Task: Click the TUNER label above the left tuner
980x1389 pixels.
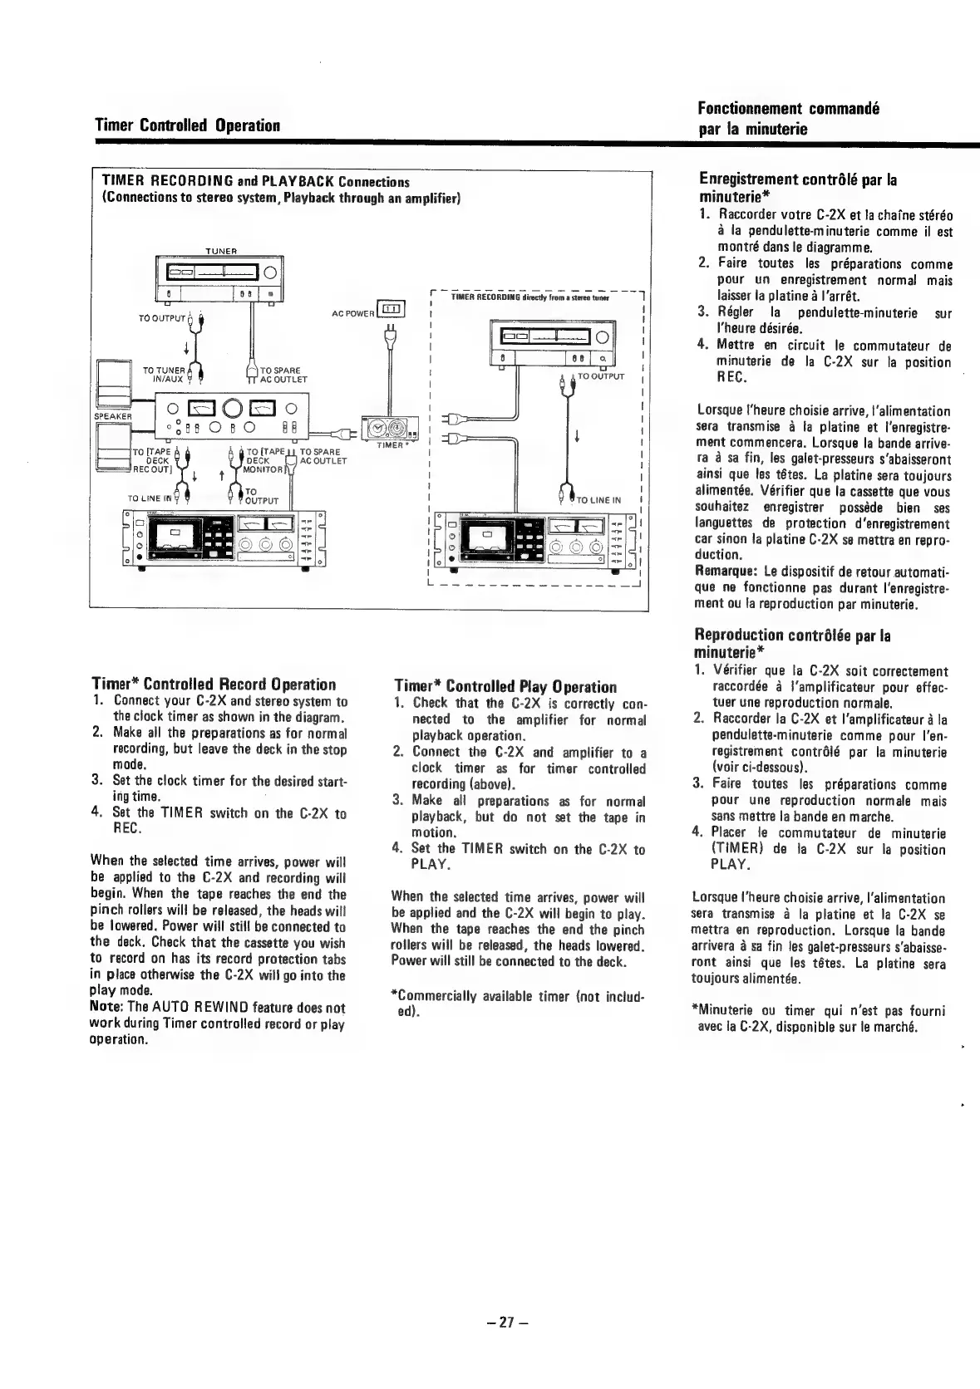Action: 221,251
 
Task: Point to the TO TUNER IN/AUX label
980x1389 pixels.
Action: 163,375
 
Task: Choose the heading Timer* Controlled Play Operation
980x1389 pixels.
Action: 505,687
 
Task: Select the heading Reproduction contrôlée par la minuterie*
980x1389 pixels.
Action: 792,644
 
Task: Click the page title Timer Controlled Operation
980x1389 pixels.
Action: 186,126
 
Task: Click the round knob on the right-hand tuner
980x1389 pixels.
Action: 601,336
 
